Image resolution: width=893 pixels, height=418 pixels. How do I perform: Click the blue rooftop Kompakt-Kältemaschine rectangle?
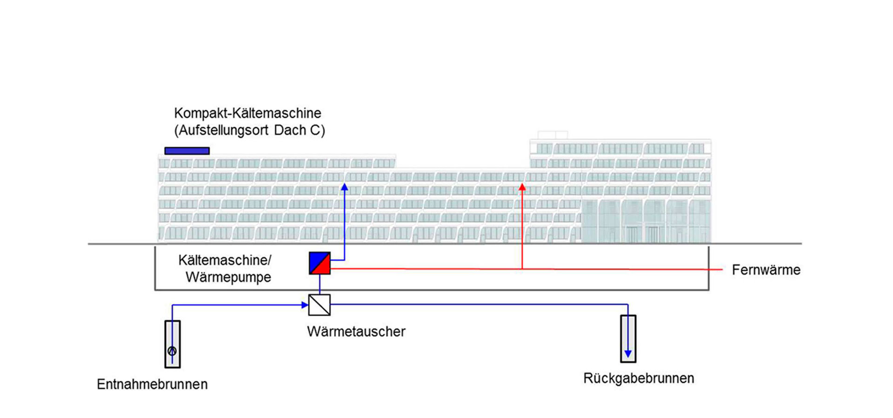[187, 151]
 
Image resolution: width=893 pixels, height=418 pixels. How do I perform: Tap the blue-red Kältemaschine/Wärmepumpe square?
[320, 263]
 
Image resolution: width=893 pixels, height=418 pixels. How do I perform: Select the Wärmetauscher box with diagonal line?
[320, 305]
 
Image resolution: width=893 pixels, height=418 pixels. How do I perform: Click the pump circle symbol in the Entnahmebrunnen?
[172, 351]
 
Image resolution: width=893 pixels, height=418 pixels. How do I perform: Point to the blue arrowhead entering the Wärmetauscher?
[305, 305]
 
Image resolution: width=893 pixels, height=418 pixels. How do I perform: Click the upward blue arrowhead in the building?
[344, 187]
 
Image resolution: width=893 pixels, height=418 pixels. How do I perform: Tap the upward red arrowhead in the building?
[522, 187]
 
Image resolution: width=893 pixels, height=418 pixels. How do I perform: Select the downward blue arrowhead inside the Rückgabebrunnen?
[628, 354]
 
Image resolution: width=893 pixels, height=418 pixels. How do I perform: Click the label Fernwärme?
[766, 270]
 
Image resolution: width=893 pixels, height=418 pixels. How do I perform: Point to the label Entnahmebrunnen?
[152, 384]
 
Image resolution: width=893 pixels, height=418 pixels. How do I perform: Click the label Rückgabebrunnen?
[638, 378]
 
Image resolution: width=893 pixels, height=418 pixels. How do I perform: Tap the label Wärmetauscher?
[356, 332]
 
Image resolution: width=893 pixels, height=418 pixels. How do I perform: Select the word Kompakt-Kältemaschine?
[247, 113]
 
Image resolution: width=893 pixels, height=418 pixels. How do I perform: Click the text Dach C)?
[300, 130]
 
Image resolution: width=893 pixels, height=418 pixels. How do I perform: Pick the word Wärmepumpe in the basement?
[228, 277]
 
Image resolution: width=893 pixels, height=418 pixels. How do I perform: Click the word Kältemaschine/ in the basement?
[225, 260]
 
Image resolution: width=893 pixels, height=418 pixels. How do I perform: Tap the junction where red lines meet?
[522, 269]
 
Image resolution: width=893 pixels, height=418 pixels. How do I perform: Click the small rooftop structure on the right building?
[553, 135]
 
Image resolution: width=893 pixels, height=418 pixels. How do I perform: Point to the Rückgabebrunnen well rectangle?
[628, 338]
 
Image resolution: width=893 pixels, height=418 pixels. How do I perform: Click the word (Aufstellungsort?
[222, 130]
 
